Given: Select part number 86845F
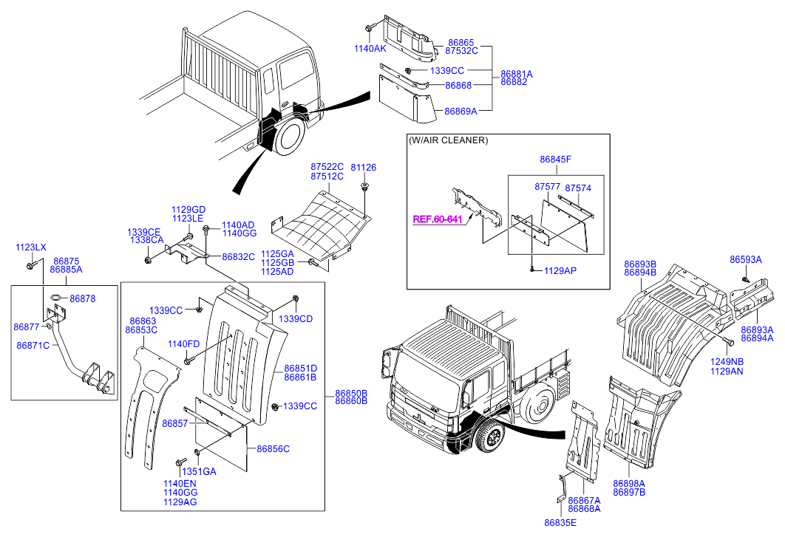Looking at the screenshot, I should pyautogui.click(x=555, y=159).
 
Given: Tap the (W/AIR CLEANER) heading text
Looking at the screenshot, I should pyautogui.click(x=448, y=140).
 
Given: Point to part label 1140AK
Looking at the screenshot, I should pyautogui.click(x=370, y=48).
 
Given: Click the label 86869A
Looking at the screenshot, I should pyautogui.click(x=461, y=112).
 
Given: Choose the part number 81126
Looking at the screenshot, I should pyautogui.click(x=363, y=168).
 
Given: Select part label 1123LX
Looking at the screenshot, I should pyautogui.click(x=31, y=247).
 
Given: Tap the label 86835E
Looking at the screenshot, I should pyautogui.click(x=561, y=522).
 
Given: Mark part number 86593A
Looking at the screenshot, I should pyautogui.click(x=745, y=259).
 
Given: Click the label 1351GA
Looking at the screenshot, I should pyautogui.click(x=199, y=471).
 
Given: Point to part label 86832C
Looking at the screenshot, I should pyautogui.click(x=238, y=256).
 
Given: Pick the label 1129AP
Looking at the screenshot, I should pyautogui.click(x=560, y=270).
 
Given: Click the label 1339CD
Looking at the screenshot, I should pyautogui.click(x=296, y=318).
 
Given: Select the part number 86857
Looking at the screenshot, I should pyautogui.click(x=175, y=423).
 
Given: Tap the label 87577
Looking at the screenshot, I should pyautogui.click(x=547, y=188).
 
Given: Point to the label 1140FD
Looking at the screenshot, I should pyautogui.click(x=183, y=343).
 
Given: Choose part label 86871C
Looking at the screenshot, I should pyautogui.click(x=33, y=345).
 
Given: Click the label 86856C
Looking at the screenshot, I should pyautogui.click(x=273, y=448).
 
